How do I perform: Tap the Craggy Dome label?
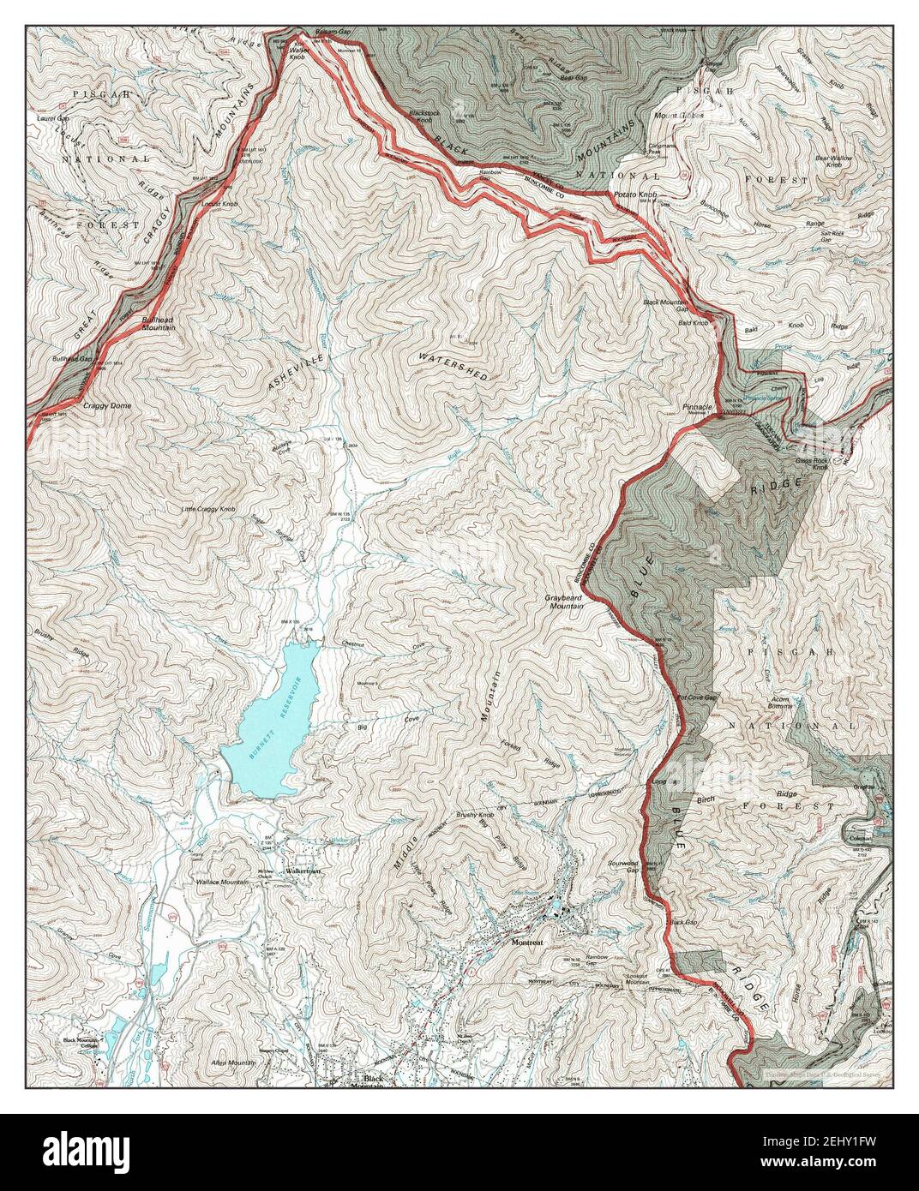[108, 405]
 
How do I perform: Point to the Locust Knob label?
[218, 205]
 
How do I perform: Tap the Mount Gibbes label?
[679, 115]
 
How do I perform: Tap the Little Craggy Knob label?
[208, 509]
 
